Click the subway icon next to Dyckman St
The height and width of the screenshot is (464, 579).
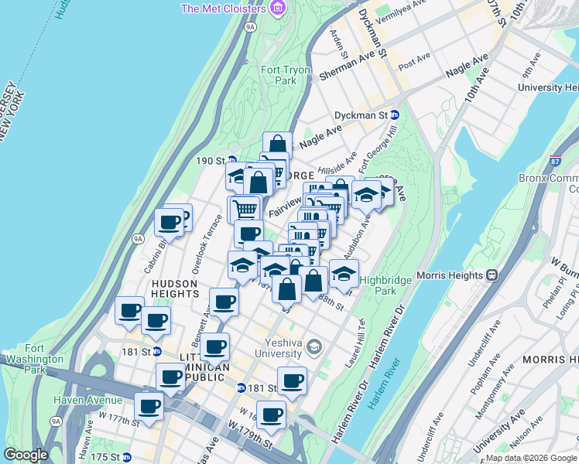click(x=394, y=115)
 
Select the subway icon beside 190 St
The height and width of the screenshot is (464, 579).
click(x=231, y=161)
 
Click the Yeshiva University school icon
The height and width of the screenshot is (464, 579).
click(x=313, y=345)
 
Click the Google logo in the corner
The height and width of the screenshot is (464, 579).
click(x=26, y=455)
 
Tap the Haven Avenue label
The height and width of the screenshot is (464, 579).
click(x=87, y=400)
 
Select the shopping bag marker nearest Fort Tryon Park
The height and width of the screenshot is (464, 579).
click(x=277, y=145)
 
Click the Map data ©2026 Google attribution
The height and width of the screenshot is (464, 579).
click(x=530, y=458)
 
